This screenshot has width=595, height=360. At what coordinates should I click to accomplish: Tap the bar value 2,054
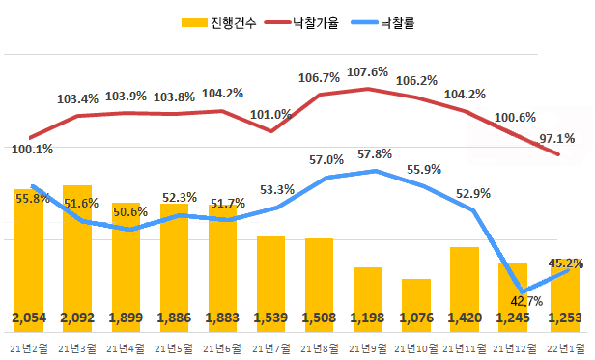(x=29, y=318)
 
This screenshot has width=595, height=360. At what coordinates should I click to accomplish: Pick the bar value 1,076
(x=416, y=318)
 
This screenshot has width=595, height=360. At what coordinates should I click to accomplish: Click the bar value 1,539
(x=270, y=318)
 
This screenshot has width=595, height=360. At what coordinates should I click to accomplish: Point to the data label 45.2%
(x=564, y=263)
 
